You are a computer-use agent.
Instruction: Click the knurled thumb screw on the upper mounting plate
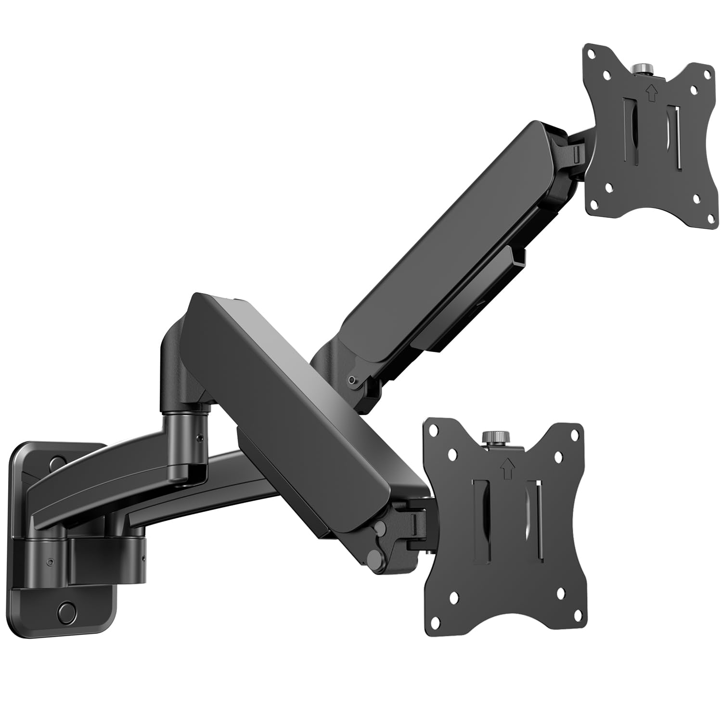pos(641,68)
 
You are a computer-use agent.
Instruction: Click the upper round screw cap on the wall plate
pos(56,462)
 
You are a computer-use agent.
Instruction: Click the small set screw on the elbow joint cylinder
pos(199,438)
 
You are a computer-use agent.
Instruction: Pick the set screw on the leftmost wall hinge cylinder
pos(50,562)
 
